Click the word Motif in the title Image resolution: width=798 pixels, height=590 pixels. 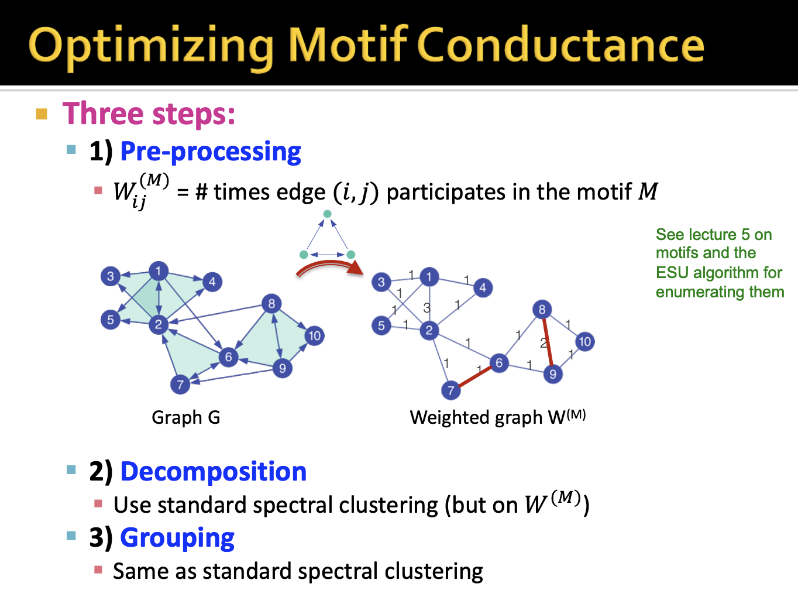point(348,45)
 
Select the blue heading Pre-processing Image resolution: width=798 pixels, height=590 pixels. point(211,152)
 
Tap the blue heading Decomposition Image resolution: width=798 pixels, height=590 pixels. point(213,472)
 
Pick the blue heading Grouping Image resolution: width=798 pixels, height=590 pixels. point(177,538)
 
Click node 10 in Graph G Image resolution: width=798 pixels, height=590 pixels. point(314,335)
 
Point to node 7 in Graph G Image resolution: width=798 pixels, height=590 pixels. point(180,385)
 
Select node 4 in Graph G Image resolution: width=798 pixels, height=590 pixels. point(212,282)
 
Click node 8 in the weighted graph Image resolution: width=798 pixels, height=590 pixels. point(542,310)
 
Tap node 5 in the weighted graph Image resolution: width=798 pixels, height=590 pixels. point(381,325)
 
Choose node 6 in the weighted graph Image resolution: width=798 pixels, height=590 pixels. point(498,363)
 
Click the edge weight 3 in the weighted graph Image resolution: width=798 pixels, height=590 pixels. point(426,307)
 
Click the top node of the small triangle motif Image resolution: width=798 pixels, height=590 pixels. point(328,214)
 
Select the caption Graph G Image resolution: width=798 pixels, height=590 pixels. point(185,417)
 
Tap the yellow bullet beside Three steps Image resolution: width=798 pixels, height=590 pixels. point(42,114)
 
